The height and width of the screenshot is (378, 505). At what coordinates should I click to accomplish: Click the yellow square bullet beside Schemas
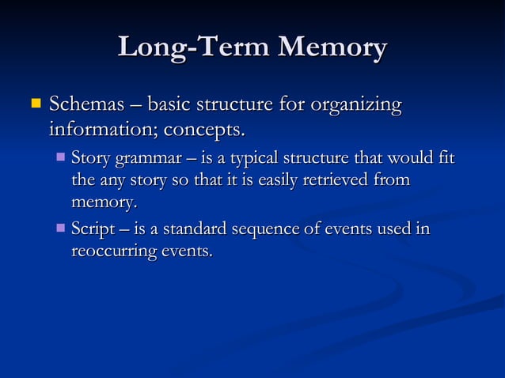(34, 104)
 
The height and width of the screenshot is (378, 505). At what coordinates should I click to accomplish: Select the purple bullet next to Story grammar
(61, 157)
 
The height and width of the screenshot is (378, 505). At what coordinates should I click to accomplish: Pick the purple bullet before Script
(61, 229)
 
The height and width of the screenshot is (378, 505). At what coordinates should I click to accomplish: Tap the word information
(103, 127)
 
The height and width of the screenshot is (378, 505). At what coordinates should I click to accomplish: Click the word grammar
(150, 158)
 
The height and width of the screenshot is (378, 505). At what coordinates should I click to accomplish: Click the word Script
(93, 230)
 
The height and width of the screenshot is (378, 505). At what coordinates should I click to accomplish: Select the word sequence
(265, 230)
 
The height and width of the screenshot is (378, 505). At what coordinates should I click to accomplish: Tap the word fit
(446, 158)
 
